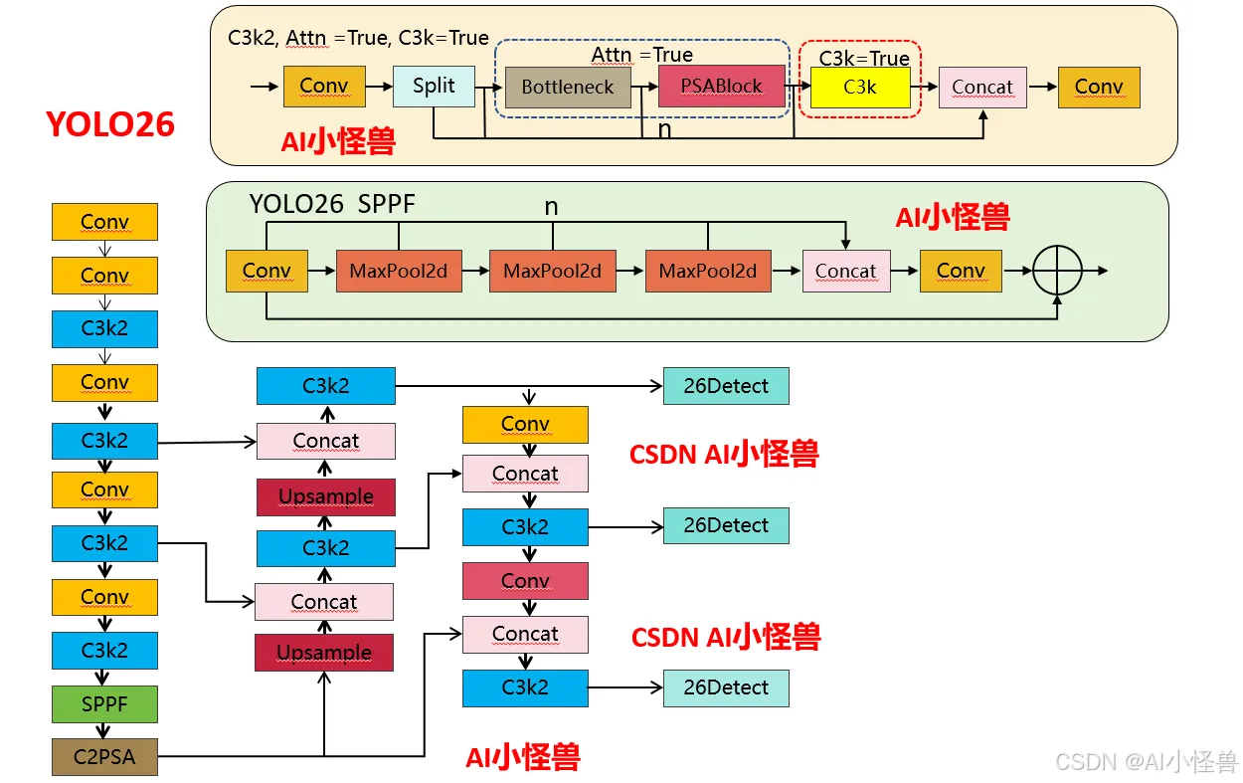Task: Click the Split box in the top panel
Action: pos(434,87)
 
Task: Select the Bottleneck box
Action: pos(568,88)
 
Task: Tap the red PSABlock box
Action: pos(721,87)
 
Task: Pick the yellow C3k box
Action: pos(860,88)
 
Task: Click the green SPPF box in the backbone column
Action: pos(104,704)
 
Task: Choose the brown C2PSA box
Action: pos(104,757)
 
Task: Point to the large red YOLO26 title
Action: pos(110,124)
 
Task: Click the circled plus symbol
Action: pos(1058,270)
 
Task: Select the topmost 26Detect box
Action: pos(726,386)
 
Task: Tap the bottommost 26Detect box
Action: pos(726,687)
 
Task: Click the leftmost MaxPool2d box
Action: pos(399,271)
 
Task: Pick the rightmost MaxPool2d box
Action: pos(708,271)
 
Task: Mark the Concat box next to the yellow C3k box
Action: pos(981,88)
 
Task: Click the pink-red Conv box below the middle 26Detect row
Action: pos(525,581)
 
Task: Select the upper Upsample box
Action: pos(326,496)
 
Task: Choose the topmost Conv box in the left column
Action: pos(104,222)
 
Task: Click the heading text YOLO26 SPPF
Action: pos(332,205)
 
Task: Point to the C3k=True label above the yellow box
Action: pos(864,59)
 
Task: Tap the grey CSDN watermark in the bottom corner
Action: pos(1146,762)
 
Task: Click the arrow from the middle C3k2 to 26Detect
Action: pos(625,525)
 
